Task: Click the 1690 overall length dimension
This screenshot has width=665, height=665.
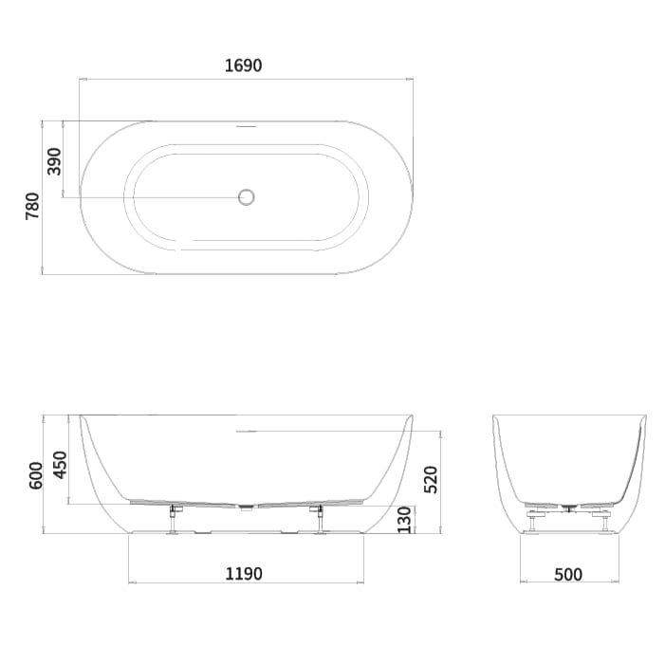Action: point(244,65)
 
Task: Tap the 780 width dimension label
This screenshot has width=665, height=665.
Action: point(33,205)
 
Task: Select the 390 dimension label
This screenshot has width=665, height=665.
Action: point(54,160)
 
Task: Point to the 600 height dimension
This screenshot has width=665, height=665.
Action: point(36,474)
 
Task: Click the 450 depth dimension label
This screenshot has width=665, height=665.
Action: point(61,463)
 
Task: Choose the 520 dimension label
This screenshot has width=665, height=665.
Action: point(430,480)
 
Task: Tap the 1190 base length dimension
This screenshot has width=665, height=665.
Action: point(244,573)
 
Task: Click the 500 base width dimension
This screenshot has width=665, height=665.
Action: point(567,573)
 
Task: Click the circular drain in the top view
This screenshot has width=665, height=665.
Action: point(247,197)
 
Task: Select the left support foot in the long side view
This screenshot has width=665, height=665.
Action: point(174,521)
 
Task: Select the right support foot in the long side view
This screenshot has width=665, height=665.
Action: point(319,521)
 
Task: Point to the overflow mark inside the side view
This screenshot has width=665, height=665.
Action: point(246,431)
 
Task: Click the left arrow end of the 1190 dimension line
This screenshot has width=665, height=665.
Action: point(129,581)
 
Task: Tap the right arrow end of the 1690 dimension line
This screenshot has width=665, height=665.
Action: point(413,79)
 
